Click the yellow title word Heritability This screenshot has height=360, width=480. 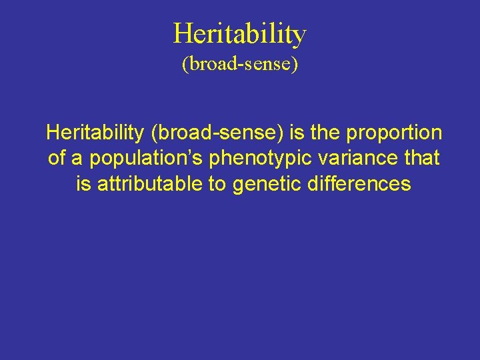(x=239, y=33)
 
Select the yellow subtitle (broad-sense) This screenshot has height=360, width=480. (x=239, y=65)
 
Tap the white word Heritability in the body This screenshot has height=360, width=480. (x=95, y=133)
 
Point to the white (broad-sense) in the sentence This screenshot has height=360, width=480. (x=219, y=133)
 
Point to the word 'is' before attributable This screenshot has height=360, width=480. (x=83, y=183)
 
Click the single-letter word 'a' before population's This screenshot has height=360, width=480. (x=78, y=159)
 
